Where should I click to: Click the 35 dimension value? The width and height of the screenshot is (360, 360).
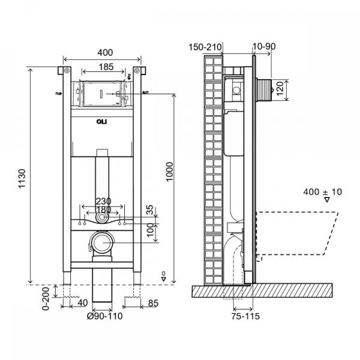pos(149,210)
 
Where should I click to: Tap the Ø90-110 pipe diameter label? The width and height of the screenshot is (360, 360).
pos(104,316)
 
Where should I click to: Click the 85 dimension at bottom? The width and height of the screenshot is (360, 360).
pos(153,304)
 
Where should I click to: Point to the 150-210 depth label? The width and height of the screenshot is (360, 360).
pos(206,46)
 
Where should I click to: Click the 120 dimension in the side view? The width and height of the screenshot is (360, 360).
pos(296,91)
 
